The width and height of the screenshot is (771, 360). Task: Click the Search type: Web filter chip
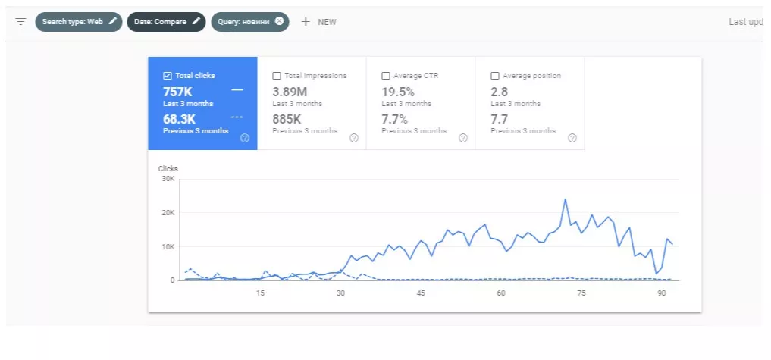tap(79, 22)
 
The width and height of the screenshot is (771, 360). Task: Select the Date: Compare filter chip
tap(166, 22)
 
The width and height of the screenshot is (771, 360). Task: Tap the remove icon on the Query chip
tap(279, 21)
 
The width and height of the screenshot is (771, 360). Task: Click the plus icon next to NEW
tap(306, 22)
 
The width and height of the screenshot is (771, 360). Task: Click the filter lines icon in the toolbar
tap(20, 22)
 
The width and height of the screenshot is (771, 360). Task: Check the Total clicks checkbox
tap(168, 76)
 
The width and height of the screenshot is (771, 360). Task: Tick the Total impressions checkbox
tap(277, 76)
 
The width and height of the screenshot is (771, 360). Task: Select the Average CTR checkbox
tap(386, 76)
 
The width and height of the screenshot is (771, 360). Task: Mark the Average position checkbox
tap(495, 76)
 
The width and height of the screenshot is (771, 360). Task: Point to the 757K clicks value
tap(177, 92)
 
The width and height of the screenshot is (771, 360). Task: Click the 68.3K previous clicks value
tap(180, 120)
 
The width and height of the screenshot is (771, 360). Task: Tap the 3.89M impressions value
tap(290, 92)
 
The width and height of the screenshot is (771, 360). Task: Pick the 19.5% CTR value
tap(398, 92)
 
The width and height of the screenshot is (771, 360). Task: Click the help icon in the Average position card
tap(572, 138)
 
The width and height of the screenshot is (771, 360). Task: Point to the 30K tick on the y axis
tap(168, 179)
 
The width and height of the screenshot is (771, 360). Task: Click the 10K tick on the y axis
tap(168, 246)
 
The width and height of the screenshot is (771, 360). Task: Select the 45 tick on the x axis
tap(421, 293)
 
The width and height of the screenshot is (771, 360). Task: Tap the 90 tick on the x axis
tap(662, 293)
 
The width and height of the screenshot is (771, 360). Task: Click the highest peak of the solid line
tap(566, 199)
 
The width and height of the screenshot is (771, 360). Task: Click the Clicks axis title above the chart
tap(168, 169)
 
